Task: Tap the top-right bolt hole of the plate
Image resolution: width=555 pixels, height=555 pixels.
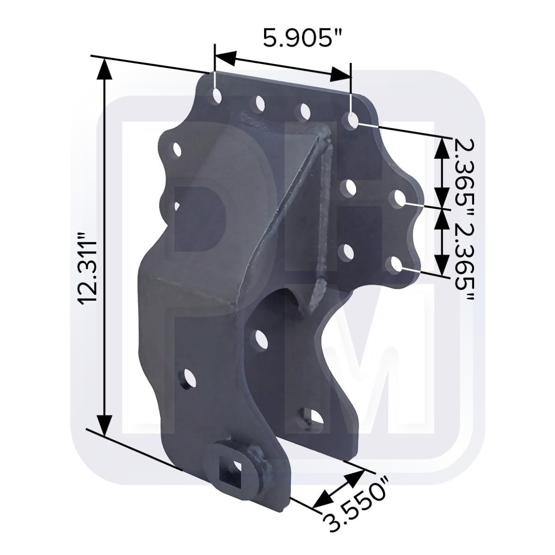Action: click(351, 121)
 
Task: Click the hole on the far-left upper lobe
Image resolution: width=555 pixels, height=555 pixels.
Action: click(176, 149)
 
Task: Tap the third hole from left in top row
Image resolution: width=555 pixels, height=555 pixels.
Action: click(304, 111)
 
